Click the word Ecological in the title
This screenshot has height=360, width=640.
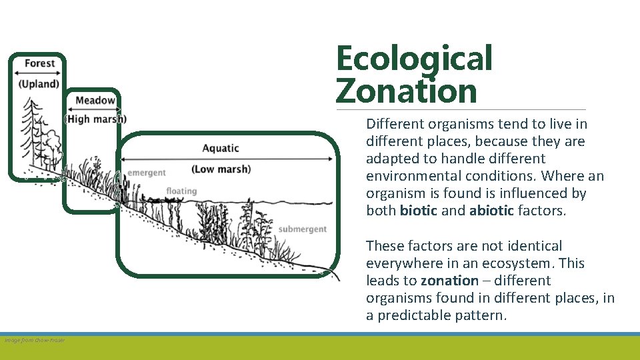(414, 59)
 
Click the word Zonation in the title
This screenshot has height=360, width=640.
(407, 91)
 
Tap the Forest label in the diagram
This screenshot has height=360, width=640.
(39, 63)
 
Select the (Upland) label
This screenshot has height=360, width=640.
(39, 84)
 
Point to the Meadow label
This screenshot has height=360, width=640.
(95, 101)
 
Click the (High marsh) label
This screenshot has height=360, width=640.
(95, 119)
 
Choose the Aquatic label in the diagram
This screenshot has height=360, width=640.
(220, 148)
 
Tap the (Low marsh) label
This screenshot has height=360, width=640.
(221, 169)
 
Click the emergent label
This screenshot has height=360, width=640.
(147, 173)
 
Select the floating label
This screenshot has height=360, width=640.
(181, 191)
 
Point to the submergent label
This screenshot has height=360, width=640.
(303, 229)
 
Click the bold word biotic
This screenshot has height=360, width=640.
(419, 211)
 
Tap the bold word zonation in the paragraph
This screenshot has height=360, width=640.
(449, 281)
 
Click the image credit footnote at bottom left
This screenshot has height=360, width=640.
(35, 340)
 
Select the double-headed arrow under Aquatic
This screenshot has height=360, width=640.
(226, 159)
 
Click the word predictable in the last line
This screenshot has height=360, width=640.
(417, 315)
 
